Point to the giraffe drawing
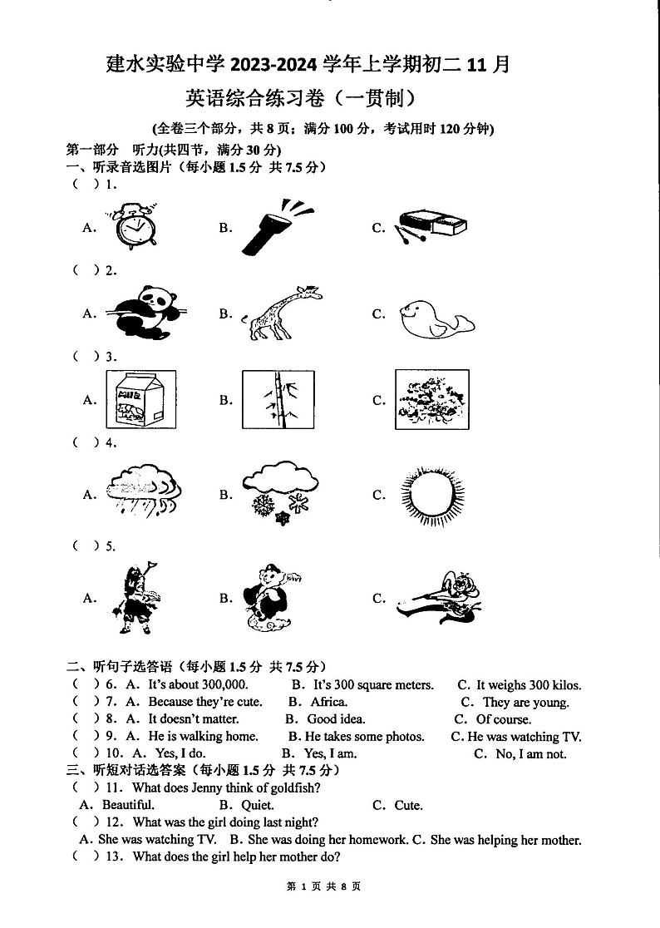(x=281, y=313)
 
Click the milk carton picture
(x=131, y=399)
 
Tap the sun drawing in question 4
(x=430, y=496)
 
